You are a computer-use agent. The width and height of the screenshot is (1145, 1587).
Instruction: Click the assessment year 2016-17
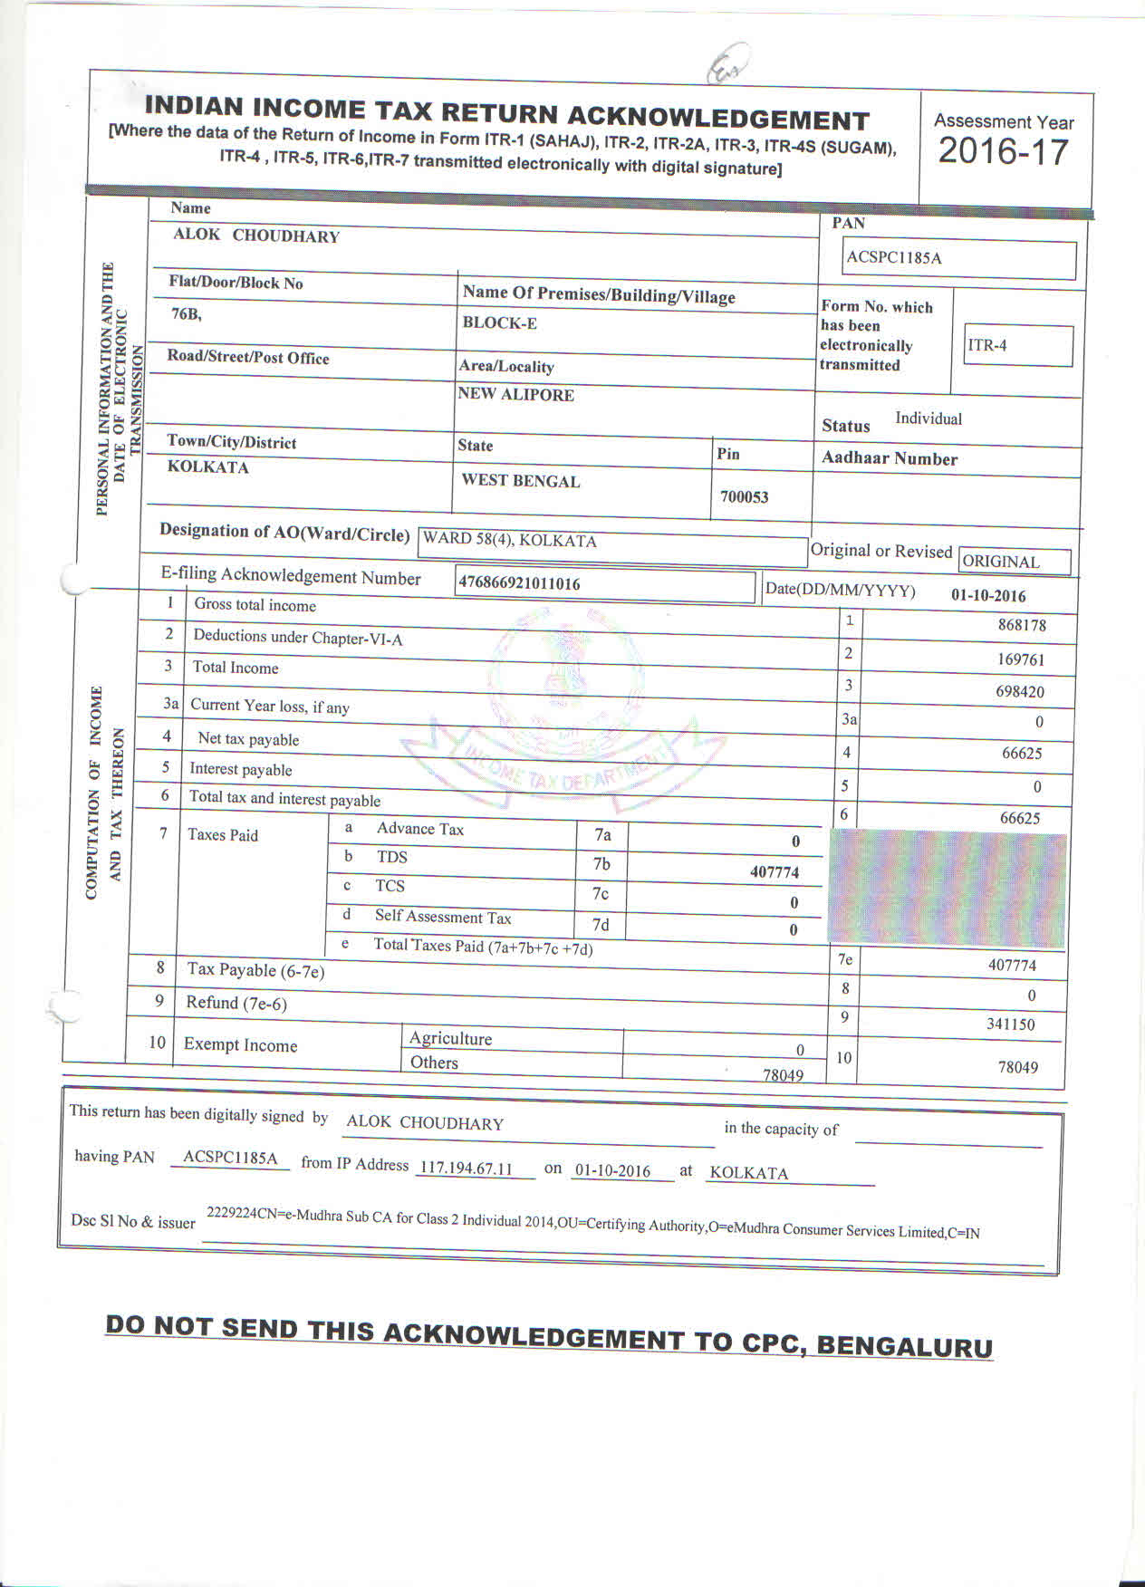(x=1004, y=151)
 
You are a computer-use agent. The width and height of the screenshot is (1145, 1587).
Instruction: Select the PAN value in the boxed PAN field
(x=894, y=258)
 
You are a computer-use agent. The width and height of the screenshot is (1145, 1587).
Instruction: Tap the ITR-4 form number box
(x=1018, y=345)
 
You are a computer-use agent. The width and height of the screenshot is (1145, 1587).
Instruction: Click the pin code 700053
(x=744, y=496)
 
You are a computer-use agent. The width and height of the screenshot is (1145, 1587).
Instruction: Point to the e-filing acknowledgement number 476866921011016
(x=519, y=583)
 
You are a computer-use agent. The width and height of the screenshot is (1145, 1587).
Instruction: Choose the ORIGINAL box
(x=1014, y=562)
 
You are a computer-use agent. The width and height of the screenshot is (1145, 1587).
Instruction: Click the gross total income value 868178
(x=1022, y=625)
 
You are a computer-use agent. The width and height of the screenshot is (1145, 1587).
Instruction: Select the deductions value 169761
(x=1021, y=659)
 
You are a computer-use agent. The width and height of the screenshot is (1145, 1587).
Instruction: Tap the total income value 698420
(x=1020, y=692)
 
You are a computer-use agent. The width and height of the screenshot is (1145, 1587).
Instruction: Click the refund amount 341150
(x=1011, y=1024)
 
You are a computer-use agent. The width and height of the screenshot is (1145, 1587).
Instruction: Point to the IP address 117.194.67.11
(x=466, y=1169)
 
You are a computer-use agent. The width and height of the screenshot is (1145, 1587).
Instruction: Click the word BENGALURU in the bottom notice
(x=904, y=1345)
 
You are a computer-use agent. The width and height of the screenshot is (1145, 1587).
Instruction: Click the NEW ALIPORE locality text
(x=515, y=395)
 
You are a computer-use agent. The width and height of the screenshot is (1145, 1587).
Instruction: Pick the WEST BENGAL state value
(x=520, y=481)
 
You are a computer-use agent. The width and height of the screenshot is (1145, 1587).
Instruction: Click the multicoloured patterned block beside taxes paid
(x=947, y=888)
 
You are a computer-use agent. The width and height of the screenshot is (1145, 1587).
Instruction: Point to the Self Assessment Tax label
(x=443, y=918)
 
